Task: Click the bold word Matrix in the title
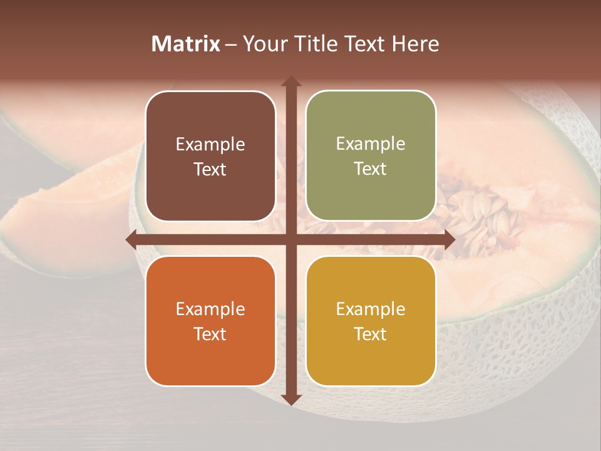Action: click(186, 44)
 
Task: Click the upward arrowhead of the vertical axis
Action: click(290, 82)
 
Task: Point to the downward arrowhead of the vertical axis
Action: click(290, 400)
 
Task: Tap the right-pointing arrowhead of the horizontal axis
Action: click(449, 239)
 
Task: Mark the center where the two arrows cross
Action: click(290, 239)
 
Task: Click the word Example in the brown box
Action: click(210, 145)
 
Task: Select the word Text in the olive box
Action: click(371, 169)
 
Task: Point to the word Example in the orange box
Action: click(210, 309)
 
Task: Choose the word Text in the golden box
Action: click(371, 334)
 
